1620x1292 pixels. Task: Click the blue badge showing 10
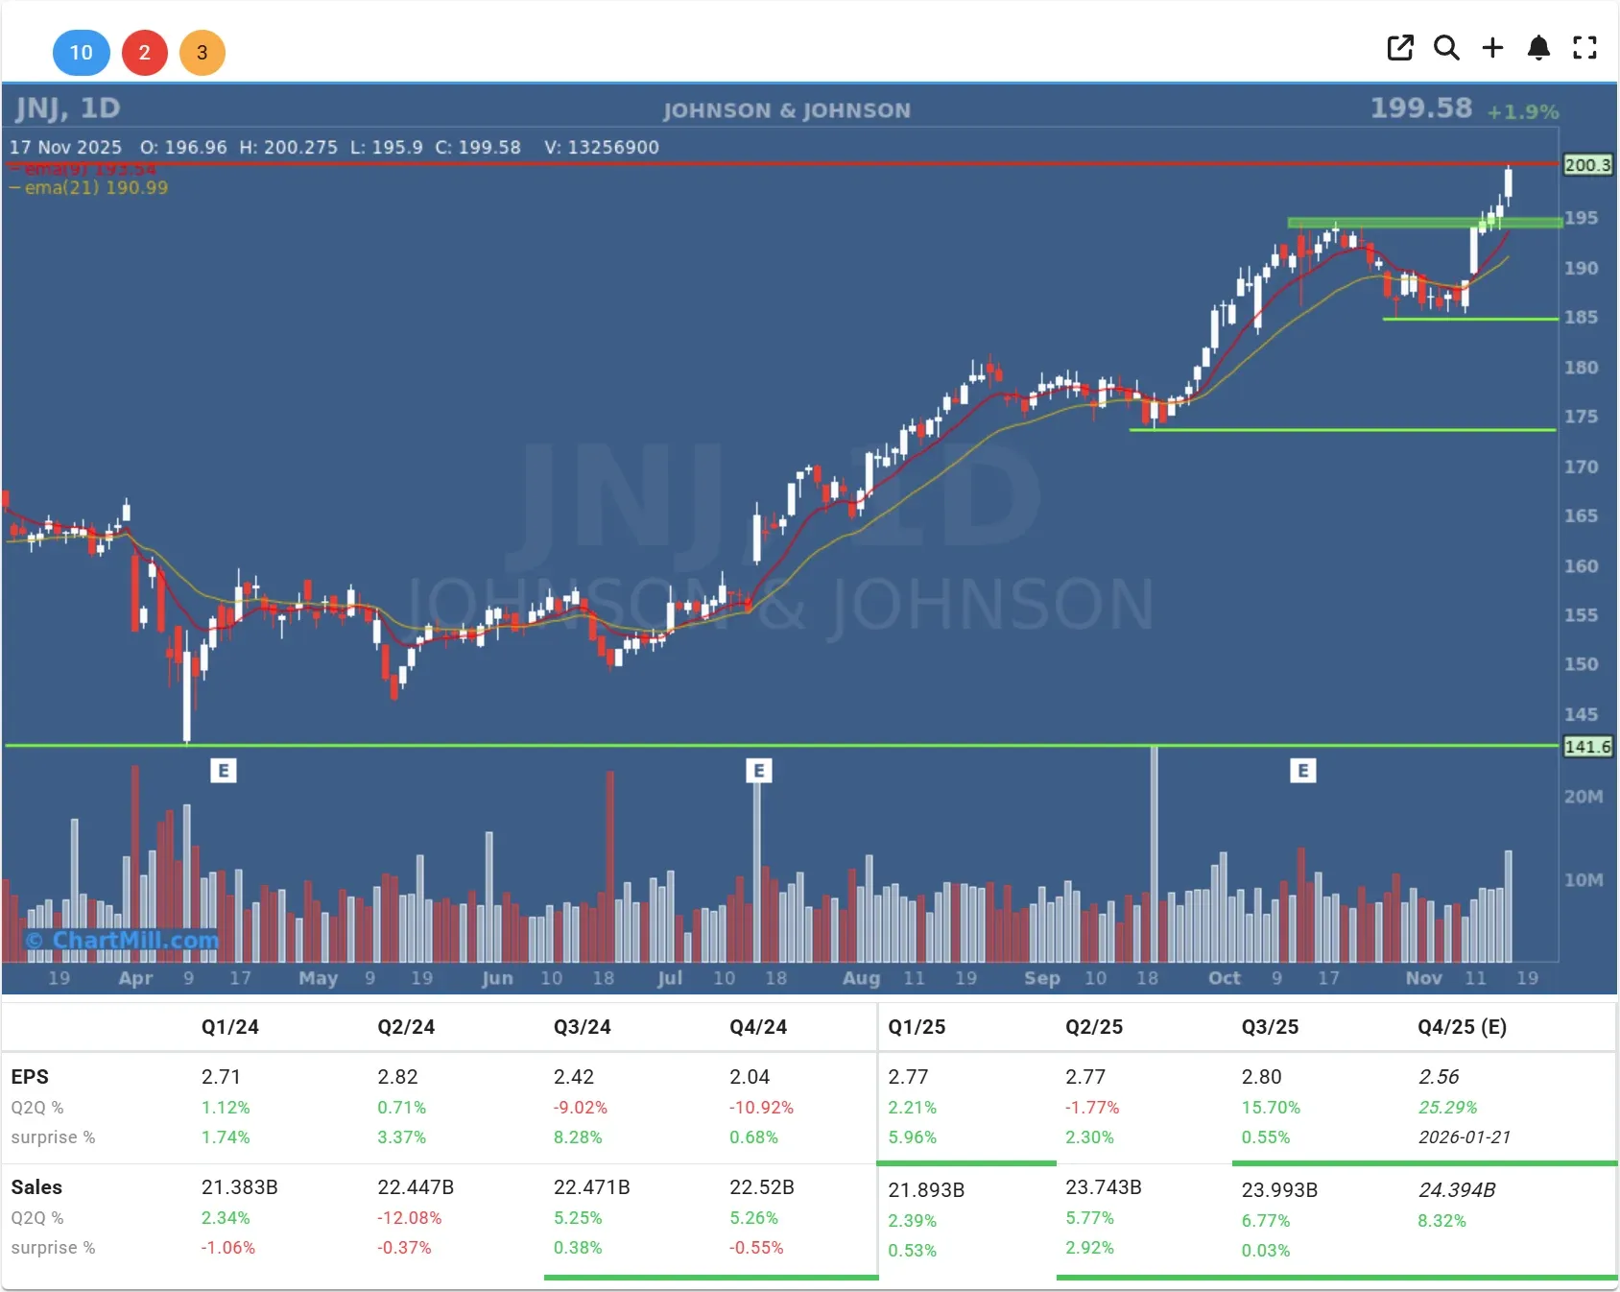tap(81, 53)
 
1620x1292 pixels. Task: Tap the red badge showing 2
tap(144, 53)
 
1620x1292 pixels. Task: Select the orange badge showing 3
tap(202, 53)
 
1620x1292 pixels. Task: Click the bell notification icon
tap(1538, 48)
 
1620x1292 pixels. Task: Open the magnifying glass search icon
tap(1446, 48)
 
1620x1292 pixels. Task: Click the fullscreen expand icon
tap(1584, 48)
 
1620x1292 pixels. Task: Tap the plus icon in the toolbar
tap(1492, 48)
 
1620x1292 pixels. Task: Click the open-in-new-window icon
tap(1400, 48)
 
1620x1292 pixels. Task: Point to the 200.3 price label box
tap(1587, 165)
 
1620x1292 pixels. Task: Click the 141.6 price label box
tap(1587, 747)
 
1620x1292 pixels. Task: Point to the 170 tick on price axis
tap(1581, 467)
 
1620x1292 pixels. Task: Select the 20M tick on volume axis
tap(1583, 797)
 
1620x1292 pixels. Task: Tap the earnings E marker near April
tap(223, 770)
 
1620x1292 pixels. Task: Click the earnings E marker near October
tap(1302, 770)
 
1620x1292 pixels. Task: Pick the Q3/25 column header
tap(1270, 1027)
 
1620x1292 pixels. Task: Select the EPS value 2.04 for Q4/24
tap(749, 1077)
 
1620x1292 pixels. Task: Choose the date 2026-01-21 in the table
tap(1464, 1137)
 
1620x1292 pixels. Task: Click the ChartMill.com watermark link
tap(123, 941)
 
